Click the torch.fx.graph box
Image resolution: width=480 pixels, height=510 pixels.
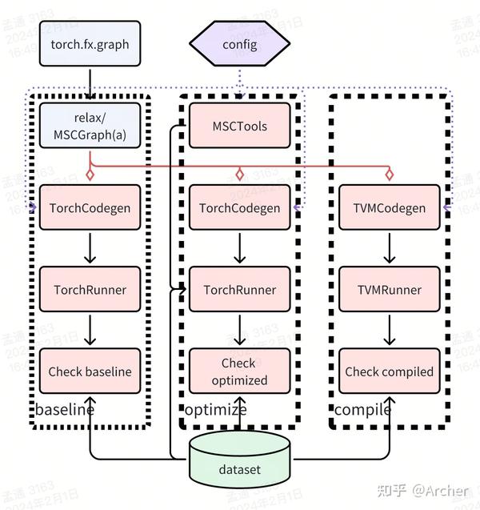(90, 44)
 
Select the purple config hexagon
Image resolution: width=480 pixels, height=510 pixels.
(239, 44)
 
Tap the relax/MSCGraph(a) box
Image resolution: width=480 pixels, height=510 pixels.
(90, 126)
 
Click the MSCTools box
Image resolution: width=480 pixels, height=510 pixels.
(239, 126)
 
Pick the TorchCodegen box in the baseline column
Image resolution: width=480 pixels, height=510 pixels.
(90, 208)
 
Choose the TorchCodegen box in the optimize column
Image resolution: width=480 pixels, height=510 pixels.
(239, 208)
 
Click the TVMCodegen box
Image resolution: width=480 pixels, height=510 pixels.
(389, 208)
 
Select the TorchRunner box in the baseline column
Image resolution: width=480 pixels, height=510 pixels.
(90, 290)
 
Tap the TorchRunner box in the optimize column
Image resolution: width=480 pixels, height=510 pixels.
(239, 290)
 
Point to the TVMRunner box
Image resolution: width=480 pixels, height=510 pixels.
(389, 290)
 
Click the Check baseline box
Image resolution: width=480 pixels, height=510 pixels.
(90, 371)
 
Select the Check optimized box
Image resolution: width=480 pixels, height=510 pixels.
(239, 371)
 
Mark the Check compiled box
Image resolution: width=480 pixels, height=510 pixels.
(389, 371)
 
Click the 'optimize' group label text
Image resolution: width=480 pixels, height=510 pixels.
(216, 410)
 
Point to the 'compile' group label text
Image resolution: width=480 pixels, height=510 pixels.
(362, 410)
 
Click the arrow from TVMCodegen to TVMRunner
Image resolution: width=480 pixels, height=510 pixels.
(389, 248)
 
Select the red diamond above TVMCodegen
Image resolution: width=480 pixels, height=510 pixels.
(389, 175)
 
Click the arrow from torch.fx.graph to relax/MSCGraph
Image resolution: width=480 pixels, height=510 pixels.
(90, 84)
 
